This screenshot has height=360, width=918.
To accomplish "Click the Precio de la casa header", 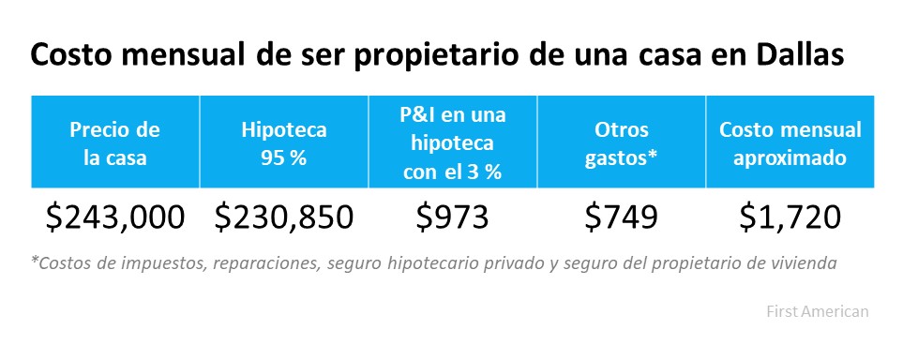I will point(114,143).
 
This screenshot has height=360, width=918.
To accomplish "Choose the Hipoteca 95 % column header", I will point(283,143).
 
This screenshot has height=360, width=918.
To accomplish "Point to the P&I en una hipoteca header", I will point(452,143).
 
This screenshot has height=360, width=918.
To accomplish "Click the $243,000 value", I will point(114,217).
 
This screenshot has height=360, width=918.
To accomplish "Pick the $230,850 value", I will point(283,217).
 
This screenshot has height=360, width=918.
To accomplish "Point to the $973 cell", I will point(452,217).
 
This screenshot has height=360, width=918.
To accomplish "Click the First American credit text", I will point(817,310).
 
